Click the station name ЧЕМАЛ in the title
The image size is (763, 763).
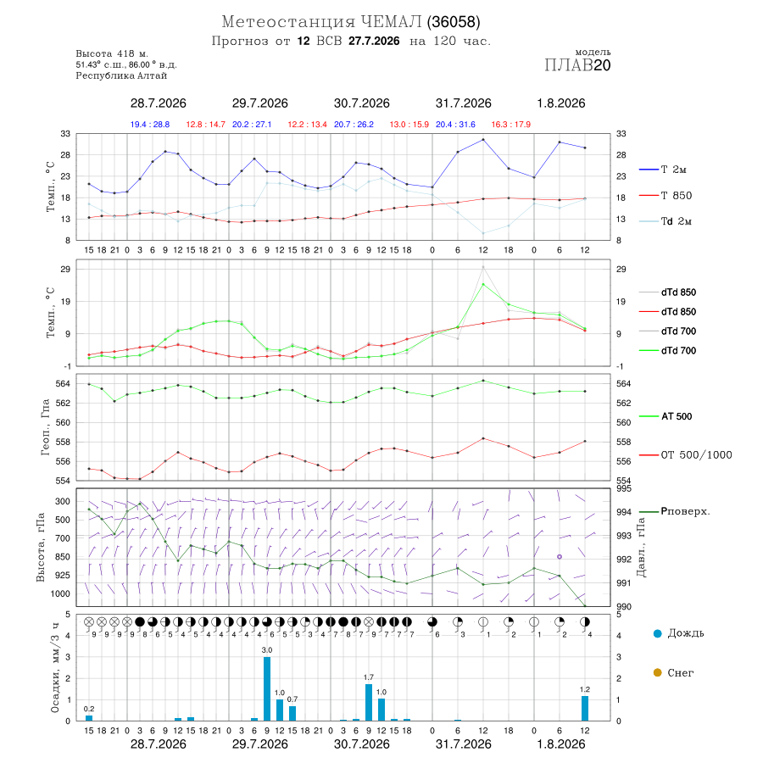[x=391, y=22]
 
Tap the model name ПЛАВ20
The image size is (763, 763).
[x=577, y=65]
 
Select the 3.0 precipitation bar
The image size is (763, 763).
[x=267, y=688]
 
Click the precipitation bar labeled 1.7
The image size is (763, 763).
[x=369, y=702]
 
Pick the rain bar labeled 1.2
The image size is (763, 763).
[x=585, y=708]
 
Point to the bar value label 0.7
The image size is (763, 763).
[x=292, y=699]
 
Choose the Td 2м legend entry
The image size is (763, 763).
[x=666, y=221]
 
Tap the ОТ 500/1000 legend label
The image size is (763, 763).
[x=686, y=455]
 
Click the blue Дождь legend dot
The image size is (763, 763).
[x=657, y=633]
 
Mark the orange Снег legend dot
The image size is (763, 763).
[x=657, y=672]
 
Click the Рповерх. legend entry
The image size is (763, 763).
[x=675, y=511]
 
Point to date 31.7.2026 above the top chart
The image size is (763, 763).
[x=463, y=103]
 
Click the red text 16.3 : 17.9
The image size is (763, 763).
[x=511, y=125]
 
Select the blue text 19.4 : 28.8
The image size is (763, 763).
[x=150, y=125]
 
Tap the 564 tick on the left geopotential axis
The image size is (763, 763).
[x=64, y=384]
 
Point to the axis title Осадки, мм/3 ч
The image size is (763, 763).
[x=55, y=669]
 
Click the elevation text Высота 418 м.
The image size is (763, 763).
[x=112, y=53]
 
